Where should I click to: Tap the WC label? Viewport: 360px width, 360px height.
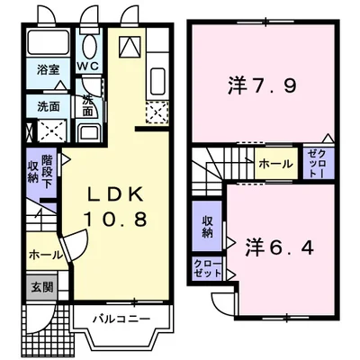pos(87,67)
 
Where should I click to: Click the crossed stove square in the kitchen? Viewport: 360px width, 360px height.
pos(158,113)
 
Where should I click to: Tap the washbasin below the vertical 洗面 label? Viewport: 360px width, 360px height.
pos(89,134)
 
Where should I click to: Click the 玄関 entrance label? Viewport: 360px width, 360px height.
pos(42,288)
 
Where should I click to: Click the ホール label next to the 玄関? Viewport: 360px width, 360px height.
pos(44,255)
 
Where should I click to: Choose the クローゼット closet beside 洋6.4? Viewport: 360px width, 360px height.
pos(206,268)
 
